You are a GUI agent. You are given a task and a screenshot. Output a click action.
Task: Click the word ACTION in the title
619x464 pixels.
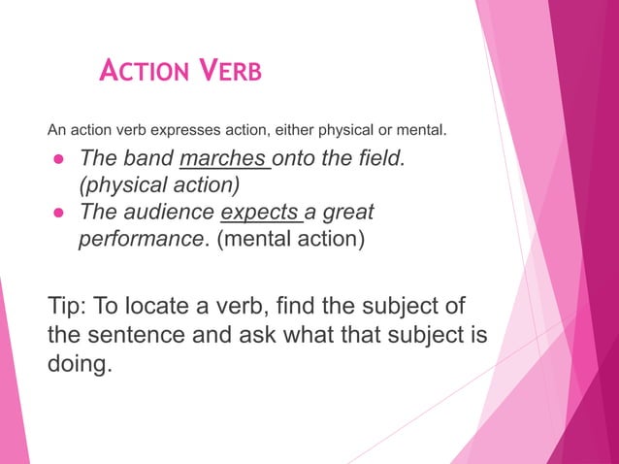coord(145,71)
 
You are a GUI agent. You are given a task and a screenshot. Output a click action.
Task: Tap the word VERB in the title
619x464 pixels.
coord(229,71)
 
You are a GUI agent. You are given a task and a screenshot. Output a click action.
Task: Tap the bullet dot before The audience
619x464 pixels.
coord(57,212)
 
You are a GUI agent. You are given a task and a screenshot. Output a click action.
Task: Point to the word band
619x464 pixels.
coord(150,158)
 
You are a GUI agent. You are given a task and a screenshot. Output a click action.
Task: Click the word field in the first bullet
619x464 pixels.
coord(375,158)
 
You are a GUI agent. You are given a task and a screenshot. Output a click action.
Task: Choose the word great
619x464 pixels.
coord(347,211)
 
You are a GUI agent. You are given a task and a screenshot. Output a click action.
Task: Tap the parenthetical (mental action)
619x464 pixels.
coord(290,237)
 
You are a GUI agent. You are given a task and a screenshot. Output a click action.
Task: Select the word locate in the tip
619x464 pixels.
coord(171,308)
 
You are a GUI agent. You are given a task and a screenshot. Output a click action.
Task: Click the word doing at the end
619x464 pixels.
coord(77,366)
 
